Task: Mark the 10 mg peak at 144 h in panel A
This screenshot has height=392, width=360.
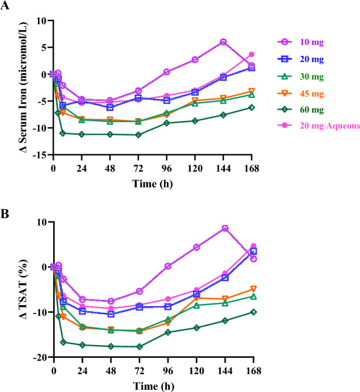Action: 223,42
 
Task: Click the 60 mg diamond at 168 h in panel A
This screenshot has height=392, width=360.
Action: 252,107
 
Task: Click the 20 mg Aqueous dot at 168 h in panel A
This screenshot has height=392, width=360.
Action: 252,54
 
